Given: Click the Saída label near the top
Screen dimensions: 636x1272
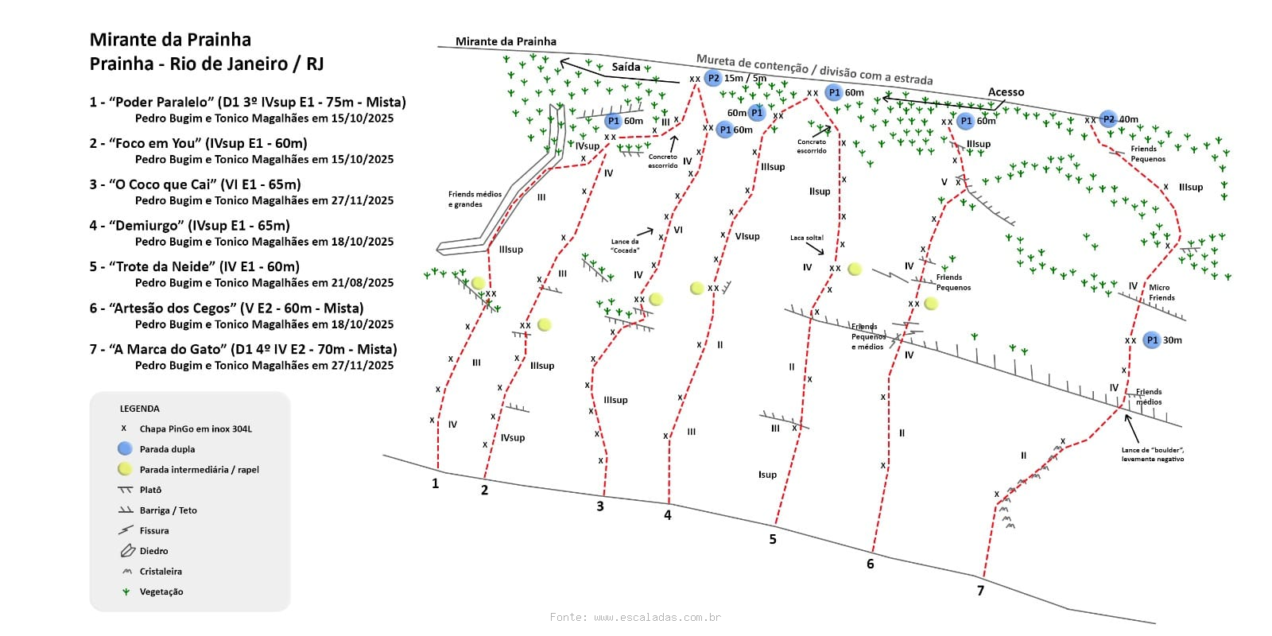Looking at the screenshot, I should tap(626, 67).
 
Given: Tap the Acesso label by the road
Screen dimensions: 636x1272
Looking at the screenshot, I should tap(1006, 92).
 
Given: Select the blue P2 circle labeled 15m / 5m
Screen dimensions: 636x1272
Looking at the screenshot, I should tap(713, 78).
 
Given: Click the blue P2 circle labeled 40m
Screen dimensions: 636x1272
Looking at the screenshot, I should tap(1108, 119).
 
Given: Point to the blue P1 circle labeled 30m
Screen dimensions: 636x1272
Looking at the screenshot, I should tap(1151, 340).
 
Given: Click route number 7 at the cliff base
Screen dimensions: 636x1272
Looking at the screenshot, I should tap(980, 591).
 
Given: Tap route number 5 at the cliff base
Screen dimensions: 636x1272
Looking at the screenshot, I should tap(773, 540).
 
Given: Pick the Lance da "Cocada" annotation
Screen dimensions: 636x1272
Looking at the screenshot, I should tap(625, 246).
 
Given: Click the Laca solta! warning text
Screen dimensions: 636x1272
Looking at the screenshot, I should tap(806, 238).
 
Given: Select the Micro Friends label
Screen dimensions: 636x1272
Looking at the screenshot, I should tap(1161, 293).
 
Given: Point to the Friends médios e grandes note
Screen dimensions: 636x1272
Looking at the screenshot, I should tap(475, 200).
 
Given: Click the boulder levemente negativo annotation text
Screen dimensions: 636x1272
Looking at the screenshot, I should tap(1152, 455).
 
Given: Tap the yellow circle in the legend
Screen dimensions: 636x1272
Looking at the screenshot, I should tap(125, 469).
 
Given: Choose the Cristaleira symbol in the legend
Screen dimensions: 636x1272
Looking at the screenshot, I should tap(126, 572).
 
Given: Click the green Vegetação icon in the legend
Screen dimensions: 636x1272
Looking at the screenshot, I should tap(126, 591).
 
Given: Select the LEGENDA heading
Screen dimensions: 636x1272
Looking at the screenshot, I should tap(139, 409).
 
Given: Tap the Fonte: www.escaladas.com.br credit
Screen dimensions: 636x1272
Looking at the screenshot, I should tap(635, 617).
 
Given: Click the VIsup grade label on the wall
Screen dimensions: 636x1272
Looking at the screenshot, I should tap(747, 236).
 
